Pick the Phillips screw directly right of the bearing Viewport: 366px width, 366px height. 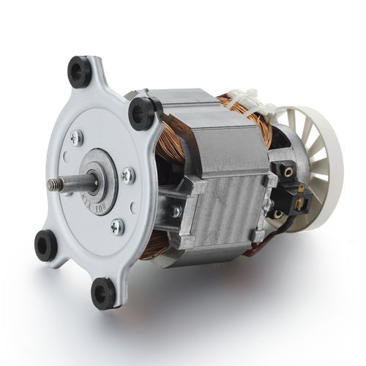tap(127, 174)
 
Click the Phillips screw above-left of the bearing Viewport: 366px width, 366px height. tap(76, 138)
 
